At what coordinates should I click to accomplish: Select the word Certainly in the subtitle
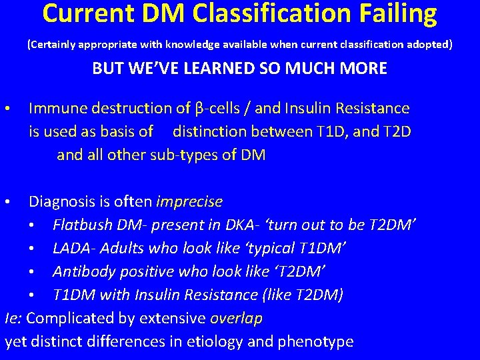52,45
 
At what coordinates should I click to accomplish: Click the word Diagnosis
61,201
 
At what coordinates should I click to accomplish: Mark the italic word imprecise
189,201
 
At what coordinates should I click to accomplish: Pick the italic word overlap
236,319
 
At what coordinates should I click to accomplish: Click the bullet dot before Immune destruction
7,108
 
